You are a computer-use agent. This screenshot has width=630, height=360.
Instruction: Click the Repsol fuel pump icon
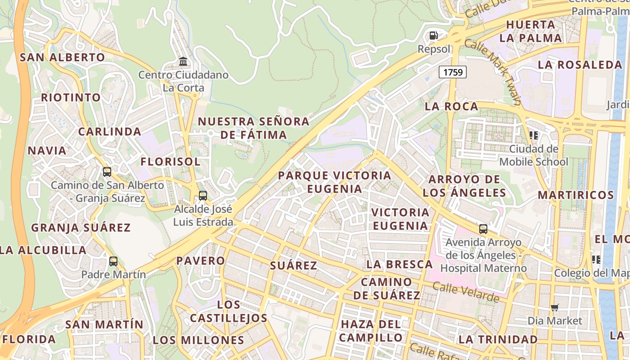[434, 35]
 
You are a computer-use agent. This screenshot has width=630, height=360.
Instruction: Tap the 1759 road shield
[453, 72]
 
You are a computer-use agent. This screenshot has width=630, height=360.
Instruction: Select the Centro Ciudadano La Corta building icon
[183, 61]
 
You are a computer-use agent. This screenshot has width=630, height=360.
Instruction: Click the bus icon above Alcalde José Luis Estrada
[203, 195]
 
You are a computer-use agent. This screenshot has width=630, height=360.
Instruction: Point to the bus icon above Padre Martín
[113, 261]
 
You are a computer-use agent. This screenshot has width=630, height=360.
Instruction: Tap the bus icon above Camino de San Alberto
[107, 171]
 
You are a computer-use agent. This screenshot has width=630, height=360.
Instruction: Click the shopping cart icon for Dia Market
[555, 308]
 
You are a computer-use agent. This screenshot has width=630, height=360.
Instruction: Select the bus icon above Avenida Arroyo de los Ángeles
[483, 229]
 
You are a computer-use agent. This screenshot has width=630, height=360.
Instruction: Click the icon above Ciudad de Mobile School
[534, 135]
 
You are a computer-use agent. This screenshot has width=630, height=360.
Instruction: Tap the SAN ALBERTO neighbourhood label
[63, 58]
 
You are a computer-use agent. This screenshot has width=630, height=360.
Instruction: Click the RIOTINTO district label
[71, 98]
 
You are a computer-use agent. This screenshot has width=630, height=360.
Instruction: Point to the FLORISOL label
[171, 162]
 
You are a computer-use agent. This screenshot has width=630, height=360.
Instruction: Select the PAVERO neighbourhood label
[200, 261]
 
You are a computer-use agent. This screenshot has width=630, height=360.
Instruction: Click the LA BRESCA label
[399, 264]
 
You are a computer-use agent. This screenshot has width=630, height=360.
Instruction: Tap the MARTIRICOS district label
[576, 195]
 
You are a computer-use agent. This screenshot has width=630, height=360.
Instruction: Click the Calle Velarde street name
[466, 292]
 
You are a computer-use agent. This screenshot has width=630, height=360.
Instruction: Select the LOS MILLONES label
[198, 340]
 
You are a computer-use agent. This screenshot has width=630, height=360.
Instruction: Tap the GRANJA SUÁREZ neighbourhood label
[81, 228]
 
